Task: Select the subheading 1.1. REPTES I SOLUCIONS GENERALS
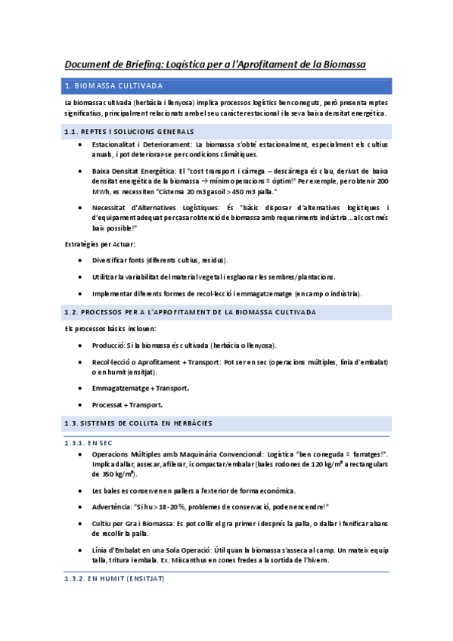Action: [129, 132]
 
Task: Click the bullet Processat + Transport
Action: [126, 404]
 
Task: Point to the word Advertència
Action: [112, 506]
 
